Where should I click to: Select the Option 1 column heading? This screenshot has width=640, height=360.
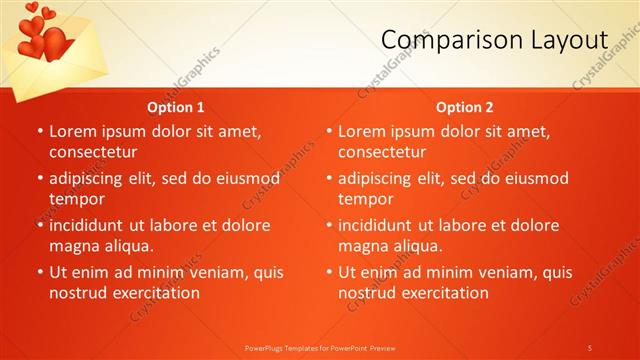[176, 107]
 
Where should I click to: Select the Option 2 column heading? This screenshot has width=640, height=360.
[465, 107]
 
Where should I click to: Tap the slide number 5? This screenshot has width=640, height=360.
[590, 348]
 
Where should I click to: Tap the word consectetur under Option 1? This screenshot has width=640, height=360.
[92, 152]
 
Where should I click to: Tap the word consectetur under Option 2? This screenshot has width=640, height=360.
[382, 152]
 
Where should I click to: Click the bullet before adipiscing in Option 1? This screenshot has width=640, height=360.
[39, 179]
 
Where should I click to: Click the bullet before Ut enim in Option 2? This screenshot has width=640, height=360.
[328, 272]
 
